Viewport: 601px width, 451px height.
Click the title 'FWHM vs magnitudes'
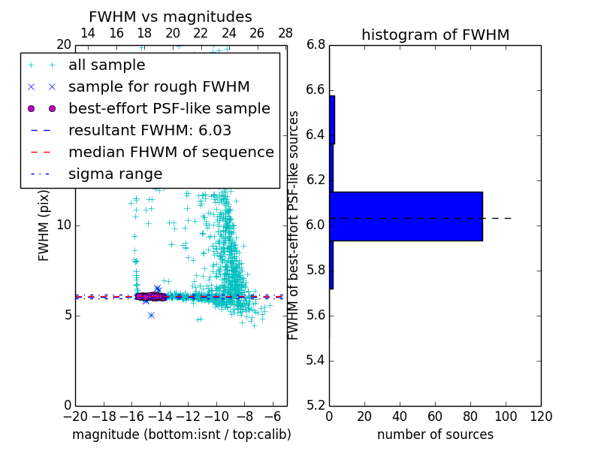(170, 17)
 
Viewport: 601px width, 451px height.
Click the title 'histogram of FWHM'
(435, 35)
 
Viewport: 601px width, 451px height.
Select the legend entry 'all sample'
(107, 65)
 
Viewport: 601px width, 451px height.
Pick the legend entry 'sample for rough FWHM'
(159, 87)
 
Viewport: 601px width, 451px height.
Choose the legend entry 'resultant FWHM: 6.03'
(149, 131)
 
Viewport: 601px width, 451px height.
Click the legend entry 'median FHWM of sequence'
(171, 153)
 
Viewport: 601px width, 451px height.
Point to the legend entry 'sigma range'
(115, 174)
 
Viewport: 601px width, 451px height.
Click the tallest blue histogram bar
(406, 216)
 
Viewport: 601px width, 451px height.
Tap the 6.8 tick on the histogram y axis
(316, 45)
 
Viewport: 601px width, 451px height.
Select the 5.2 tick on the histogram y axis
(316, 405)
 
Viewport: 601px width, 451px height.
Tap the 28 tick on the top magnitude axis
(285, 33)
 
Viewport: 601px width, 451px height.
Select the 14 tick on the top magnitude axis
(88, 33)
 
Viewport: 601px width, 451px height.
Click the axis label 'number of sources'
(435, 435)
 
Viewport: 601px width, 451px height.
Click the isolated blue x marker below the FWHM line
(151, 315)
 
